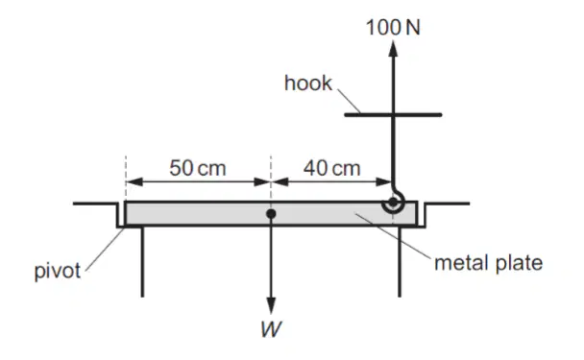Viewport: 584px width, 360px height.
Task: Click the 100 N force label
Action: click(x=393, y=28)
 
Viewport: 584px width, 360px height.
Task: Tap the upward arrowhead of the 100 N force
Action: click(x=393, y=48)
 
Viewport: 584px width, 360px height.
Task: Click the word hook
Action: click(x=307, y=83)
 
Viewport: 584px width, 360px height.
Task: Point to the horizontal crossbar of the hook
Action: click(x=393, y=115)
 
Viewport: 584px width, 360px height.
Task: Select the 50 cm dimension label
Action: click(x=198, y=168)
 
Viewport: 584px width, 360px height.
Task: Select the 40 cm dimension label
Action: click(x=331, y=168)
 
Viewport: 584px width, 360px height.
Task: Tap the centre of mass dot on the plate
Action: click(x=271, y=214)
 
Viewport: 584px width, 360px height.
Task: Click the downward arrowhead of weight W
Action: click(x=271, y=305)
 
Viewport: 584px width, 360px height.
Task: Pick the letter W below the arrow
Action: click(x=271, y=329)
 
